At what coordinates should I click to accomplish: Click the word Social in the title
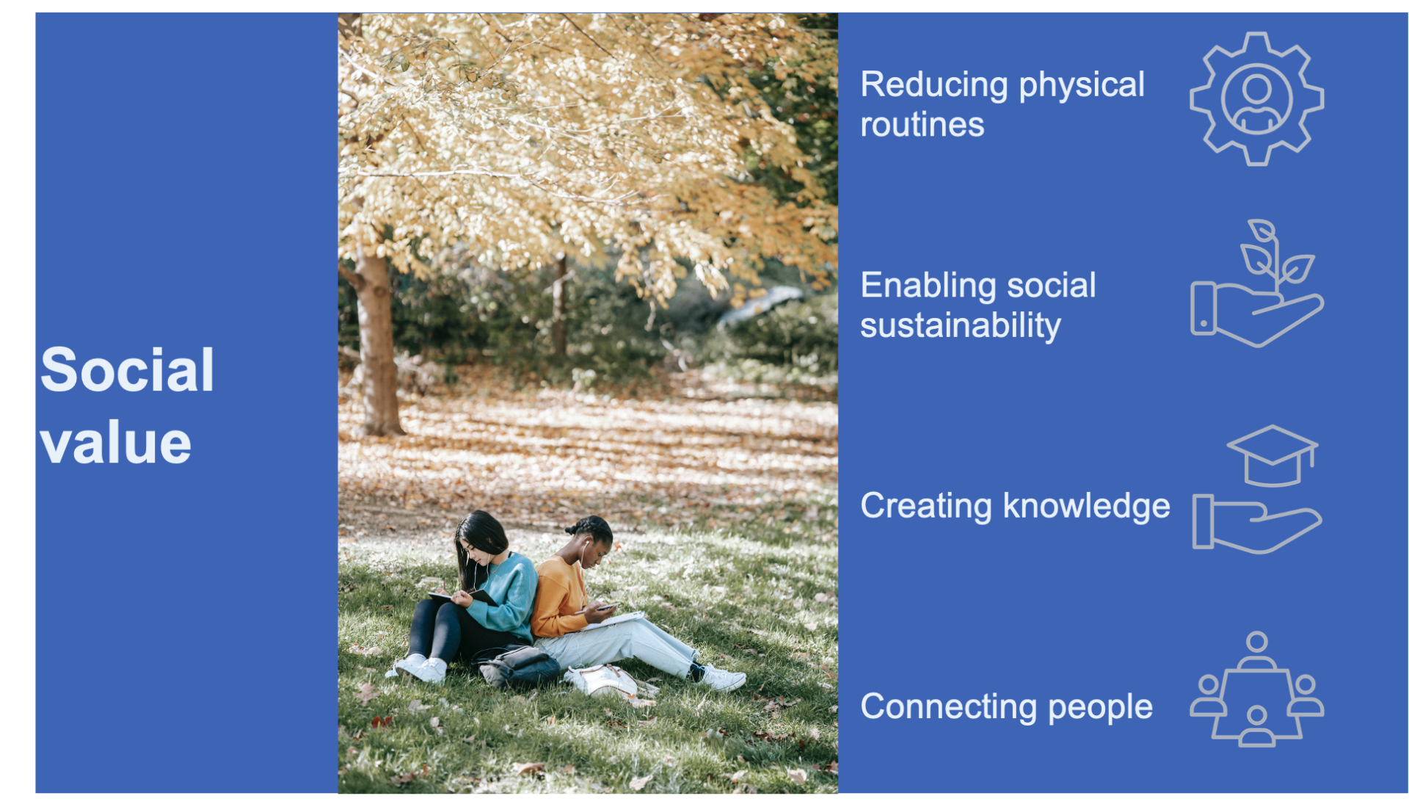tap(127, 369)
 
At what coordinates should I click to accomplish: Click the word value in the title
tap(116, 444)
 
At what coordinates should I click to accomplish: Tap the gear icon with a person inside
tap(1256, 98)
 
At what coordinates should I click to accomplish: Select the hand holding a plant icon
tap(1256, 283)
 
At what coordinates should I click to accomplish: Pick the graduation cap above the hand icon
tap(1272, 455)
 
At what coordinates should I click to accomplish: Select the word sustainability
tap(961, 325)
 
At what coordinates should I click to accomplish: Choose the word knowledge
tap(1086, 506)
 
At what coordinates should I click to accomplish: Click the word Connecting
tap(949, 707)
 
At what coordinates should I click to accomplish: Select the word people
tap(1100, 708)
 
